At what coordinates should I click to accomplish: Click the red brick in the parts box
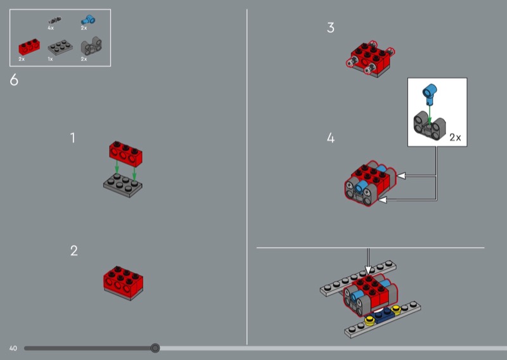click(29, 47)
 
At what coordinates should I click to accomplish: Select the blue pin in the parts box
click(88, 20)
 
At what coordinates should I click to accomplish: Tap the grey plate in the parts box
click(60, 48)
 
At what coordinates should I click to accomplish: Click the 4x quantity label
click(51, 28)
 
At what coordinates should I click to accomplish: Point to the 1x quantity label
click(51, 59)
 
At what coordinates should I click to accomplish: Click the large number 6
click(14, 80)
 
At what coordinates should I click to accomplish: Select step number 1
click(73, 138)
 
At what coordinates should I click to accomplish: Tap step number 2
click(74, 251)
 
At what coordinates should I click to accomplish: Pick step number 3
click(330, 27)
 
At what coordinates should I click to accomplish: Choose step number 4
click(330, 138)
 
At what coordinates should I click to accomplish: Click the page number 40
click(13, 349)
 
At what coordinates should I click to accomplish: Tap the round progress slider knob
click(155, 348)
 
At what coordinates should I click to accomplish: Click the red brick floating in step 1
click(125, 153)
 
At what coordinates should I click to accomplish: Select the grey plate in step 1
click(123, 185)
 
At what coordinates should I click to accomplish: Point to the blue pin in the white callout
click(430, 94)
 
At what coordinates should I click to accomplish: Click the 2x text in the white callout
click(455, 138)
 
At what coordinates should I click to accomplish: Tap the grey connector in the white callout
click(430, 126)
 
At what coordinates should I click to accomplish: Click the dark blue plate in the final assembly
click(383, 316)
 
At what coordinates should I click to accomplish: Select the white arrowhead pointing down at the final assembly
click(368, 270)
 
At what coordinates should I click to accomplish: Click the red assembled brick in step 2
click(123, 283)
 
